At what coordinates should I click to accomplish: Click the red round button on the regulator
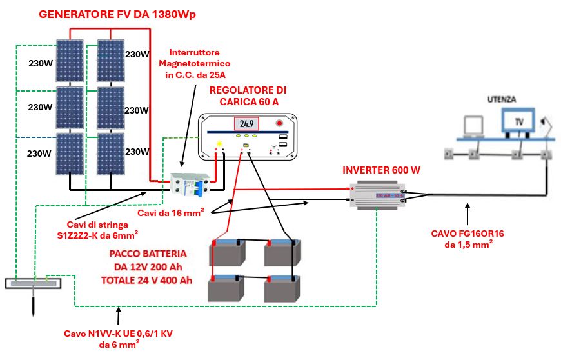(x=279, y=123)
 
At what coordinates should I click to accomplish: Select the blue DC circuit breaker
(x=198, y=187)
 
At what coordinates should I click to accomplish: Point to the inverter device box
(x=377, y=196)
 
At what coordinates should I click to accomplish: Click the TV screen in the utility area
(x=518, y=121)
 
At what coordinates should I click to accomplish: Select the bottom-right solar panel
(x=110, y=154)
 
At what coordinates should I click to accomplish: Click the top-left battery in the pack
(x=227, y=253)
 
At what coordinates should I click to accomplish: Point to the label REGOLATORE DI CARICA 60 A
(x=248, y=95)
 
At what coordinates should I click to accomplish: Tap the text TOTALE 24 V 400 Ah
(x=146, y=281)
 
